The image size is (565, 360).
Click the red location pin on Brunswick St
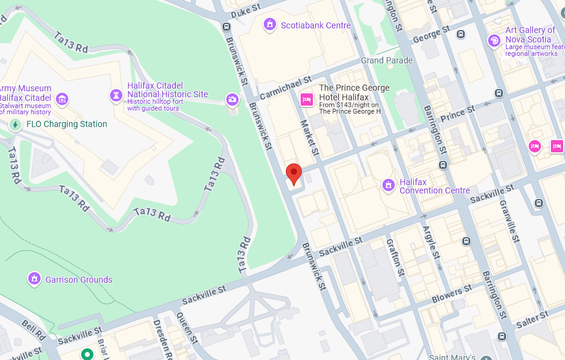[x=294, y=173]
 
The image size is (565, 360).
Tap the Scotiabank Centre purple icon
[x=269, y=25]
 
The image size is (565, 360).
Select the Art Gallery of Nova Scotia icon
[x=494, y=41]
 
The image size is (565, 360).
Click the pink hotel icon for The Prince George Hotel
[x=306, y=99]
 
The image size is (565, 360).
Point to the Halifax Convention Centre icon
[x=388, y=185]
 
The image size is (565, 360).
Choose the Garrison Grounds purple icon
[x=34, y=279]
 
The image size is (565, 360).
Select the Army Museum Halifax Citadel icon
[x=61, y=99]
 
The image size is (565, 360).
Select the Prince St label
[x=457, y=113]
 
